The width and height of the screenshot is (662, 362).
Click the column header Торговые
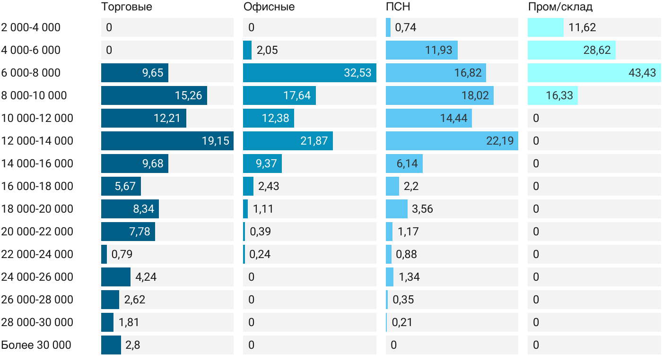pos(127,7)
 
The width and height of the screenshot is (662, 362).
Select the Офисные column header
pos(269,7)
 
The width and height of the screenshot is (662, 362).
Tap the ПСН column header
pos(398,7)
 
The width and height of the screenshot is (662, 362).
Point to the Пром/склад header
pos(560,7)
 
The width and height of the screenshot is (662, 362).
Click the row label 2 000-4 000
pos(31,27)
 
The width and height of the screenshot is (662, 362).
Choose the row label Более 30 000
pos(36,345)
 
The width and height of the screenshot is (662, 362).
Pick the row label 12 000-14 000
pos(37,141)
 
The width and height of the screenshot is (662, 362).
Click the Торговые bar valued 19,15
pos(167,141)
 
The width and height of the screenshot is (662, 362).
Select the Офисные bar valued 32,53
pos(310,73)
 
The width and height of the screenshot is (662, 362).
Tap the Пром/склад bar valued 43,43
pos(594,73)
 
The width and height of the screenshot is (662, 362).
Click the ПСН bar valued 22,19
pos(452,141)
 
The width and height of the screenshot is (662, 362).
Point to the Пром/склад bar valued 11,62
pos(546,27)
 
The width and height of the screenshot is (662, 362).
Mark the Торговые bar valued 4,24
pos(115,277)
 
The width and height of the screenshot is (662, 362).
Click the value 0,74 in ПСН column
pos(406,27)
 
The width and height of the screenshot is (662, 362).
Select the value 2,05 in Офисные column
pos(267,50)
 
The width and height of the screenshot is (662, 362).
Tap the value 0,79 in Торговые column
pos(122,254)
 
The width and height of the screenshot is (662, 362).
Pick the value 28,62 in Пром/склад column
pos(597,50)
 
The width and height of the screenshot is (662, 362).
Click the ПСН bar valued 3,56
pos(397,209)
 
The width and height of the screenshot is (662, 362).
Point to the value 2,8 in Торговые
pos(133,345)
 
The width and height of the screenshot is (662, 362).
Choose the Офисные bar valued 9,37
pos(262,164)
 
